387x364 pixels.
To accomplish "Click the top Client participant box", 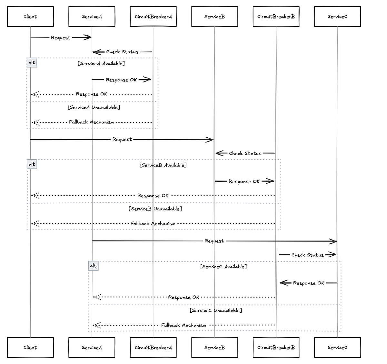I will click(30, 16).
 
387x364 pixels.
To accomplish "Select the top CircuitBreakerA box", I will click(153, 16).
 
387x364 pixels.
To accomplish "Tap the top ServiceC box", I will click(337, 16).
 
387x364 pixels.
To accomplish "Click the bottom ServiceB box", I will click(214, 348).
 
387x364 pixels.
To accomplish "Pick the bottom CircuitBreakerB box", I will click(276, 348).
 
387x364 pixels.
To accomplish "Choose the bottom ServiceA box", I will click(92, 348).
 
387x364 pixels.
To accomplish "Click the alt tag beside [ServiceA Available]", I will click(32, 63).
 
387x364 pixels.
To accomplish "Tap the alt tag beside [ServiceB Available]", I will click(32, 164).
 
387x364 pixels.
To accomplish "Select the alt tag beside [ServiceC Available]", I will click(93, 266).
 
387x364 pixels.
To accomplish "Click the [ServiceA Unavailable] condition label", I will click(94, 107).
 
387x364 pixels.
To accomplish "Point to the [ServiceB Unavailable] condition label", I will click(155, 209).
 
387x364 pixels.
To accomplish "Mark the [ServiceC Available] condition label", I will click(223, 267).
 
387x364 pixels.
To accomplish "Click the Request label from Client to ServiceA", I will click(61, 38).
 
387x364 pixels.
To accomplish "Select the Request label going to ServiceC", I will click(214, 241).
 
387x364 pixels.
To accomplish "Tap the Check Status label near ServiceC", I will click(307, 255).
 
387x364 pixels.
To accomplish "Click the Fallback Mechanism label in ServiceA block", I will click(91, 122).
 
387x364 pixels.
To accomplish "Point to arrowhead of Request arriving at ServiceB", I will click(210, 140).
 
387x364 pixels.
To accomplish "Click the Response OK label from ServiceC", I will click(309, 283).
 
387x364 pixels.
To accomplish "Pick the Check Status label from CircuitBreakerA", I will click(122, 52).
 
